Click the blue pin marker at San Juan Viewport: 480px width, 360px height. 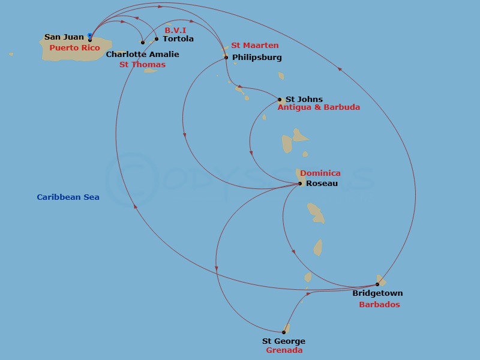pos(90,36)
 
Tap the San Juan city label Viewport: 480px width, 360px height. pos(64,37)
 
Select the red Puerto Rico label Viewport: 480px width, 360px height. pos(74,48)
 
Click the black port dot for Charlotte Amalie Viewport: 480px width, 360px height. pos(143,43)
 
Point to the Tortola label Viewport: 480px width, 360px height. pos(178,39)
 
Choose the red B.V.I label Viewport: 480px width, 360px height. pos(175,30)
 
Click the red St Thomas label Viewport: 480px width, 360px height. pos(142,65)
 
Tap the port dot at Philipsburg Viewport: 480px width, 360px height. pos(226,58)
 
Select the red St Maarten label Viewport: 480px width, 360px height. pos(254,46)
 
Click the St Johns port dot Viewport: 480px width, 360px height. pos(280,100)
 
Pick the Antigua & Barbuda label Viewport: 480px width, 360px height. pos(319,107)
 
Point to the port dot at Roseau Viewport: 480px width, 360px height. pos(301,184)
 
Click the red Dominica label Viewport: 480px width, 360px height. pos(320,173)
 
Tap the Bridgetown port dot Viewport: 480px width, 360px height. pos(377,284)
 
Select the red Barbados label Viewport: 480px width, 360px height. pos(379,305)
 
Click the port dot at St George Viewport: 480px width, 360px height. pos(284,332)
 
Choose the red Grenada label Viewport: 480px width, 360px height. pos(284,350)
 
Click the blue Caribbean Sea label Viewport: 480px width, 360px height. pos(68,197)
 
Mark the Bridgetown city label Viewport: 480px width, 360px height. pos(377,294)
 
